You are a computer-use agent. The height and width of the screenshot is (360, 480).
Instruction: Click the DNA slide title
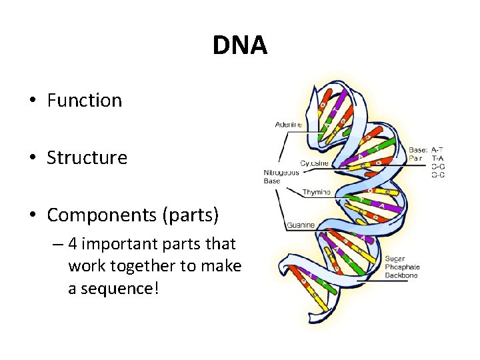[239, 45]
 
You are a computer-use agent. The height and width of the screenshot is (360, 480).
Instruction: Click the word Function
[84, 101]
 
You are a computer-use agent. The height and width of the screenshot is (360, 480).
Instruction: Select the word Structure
[87, 158]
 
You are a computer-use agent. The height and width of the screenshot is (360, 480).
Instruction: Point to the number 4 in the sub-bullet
[73, 244]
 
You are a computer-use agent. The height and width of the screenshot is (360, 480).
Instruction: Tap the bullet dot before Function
[31, 101]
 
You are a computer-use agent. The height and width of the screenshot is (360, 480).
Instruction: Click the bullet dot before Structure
[31, 159]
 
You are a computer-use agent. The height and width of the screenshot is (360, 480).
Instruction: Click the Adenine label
[288, 125]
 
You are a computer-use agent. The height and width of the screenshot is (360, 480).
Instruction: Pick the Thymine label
[316, 192]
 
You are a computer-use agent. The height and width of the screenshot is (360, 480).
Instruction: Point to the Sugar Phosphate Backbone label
[402, 266]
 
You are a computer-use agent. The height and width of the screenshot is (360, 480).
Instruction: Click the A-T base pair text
[438, 149]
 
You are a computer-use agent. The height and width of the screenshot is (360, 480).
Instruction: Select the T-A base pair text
[438, 159]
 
